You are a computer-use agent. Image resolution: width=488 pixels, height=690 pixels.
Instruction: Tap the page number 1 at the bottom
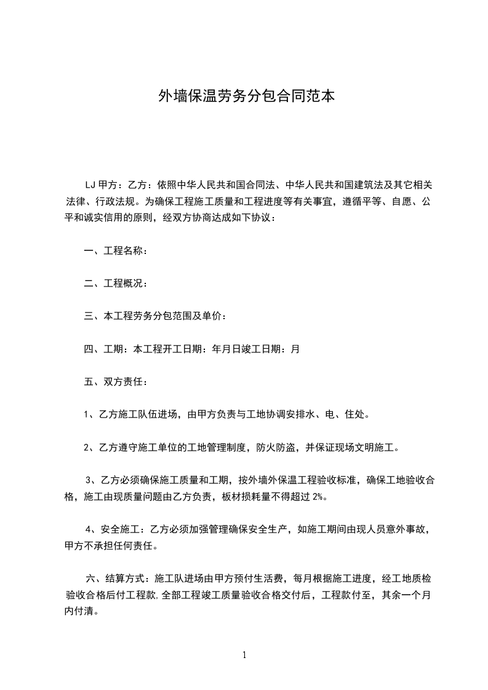click(244, 655)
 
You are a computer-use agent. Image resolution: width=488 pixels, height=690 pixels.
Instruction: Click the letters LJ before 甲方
click(90, 184)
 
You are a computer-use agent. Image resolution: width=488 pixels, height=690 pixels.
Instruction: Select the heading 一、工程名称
click(115, 250)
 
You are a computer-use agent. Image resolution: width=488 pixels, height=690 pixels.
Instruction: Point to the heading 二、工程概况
click(115, 283)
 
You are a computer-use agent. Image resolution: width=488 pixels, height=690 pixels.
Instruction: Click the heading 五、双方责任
click(115, 381)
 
